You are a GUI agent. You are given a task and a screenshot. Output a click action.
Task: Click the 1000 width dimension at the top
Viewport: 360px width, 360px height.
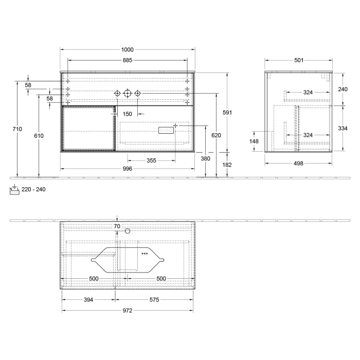127,49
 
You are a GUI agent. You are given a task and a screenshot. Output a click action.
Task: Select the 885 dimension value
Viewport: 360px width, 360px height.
127,60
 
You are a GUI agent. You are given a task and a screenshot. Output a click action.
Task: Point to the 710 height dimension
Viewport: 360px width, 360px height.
18,129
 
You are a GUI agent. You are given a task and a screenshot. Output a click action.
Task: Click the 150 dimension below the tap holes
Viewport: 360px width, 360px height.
127,114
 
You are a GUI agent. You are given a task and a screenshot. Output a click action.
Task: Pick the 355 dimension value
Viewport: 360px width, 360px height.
151,160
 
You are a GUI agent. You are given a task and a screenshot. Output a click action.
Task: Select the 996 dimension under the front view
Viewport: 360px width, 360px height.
127,169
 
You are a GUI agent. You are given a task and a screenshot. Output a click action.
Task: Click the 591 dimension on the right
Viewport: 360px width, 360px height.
227,113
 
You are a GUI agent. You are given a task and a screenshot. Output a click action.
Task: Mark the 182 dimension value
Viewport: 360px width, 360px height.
227,165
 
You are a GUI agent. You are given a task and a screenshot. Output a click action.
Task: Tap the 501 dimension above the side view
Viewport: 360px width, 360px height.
298,60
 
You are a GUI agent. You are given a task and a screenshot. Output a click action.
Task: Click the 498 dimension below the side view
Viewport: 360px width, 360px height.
298,164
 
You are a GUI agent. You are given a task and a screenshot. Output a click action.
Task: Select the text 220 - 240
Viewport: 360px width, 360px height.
33,189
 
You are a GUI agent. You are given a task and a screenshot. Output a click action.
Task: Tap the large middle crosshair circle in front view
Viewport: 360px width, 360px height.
128,93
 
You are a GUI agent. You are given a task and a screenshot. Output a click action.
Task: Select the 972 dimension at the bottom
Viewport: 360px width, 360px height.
127,310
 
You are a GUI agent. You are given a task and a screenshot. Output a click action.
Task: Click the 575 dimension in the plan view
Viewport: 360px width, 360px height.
154,299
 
